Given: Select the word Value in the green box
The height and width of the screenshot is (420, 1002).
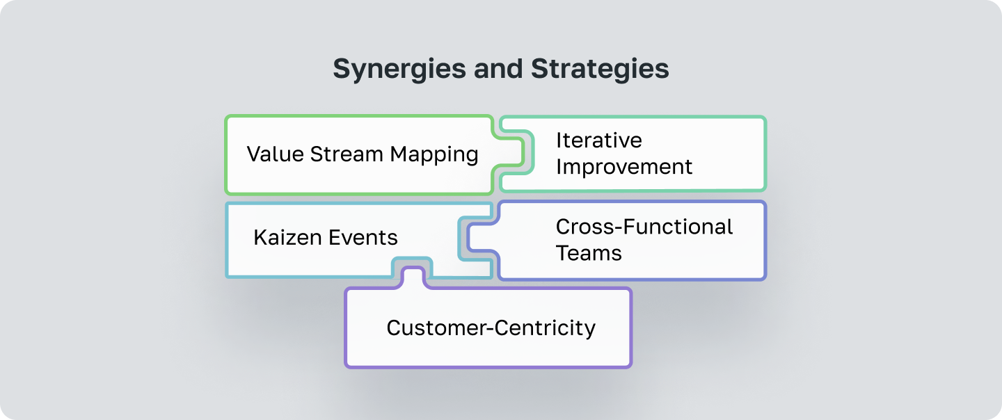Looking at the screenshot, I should click(275, 154).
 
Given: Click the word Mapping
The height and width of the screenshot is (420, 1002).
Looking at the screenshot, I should click(434, 154).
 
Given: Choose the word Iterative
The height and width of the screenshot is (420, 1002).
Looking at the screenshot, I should click(598, 140).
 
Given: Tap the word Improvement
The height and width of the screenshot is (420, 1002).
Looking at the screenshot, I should click(624, 167).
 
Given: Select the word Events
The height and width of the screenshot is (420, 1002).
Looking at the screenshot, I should click(365, 238).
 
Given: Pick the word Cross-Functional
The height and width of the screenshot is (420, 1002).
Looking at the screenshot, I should click(644, 227).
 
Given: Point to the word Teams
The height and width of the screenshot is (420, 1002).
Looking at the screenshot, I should click(589, 252).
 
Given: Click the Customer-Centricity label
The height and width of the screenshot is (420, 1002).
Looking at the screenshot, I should click(491, 328).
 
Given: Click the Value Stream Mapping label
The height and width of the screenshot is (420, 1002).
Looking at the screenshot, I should click(362, 154).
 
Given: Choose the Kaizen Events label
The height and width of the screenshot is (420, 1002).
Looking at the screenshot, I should click(326, 238).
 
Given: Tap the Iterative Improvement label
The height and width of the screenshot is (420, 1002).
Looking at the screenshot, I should click(624, 154).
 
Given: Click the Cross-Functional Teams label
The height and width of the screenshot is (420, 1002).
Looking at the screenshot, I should click(644, 240).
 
